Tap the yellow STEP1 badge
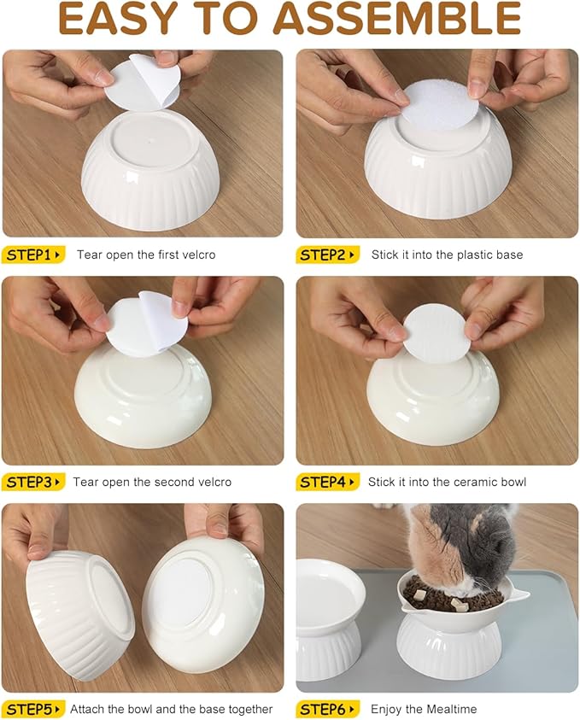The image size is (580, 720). tap(33, 255)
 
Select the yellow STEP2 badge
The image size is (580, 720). tap(327, 255)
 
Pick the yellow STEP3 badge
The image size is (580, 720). tap(33, 482)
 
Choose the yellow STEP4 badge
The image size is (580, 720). tap(327, 482)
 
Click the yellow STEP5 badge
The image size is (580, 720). tap(33, 709)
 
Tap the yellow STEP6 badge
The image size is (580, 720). tap(327, 709)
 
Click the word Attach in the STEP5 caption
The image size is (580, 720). tap(87, 709)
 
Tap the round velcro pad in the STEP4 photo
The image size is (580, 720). tap(436, 334)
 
